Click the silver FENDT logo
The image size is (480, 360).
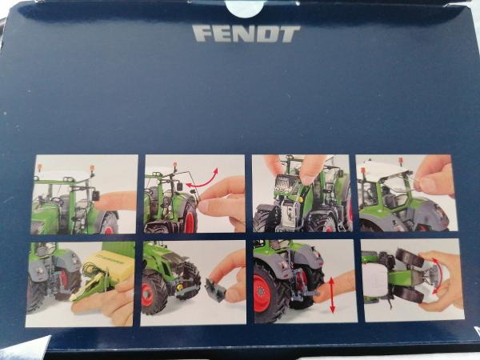point(246,34)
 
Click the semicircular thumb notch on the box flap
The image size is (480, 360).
point(244,8)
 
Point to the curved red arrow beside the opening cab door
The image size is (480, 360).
point(202,180)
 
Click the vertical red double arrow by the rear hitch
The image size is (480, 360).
point(332,295)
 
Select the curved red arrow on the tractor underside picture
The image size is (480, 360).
point(439,274)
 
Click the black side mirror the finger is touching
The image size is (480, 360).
point(95,196)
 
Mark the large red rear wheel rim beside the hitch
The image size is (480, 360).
point(262,293)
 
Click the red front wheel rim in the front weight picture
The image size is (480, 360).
point(147,294)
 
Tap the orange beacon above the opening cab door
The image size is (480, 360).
point(175,165)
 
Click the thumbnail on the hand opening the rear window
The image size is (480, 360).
point(428,184)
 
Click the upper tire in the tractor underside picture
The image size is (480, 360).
point(410,258)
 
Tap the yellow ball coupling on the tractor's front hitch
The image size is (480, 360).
point(179,287)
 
